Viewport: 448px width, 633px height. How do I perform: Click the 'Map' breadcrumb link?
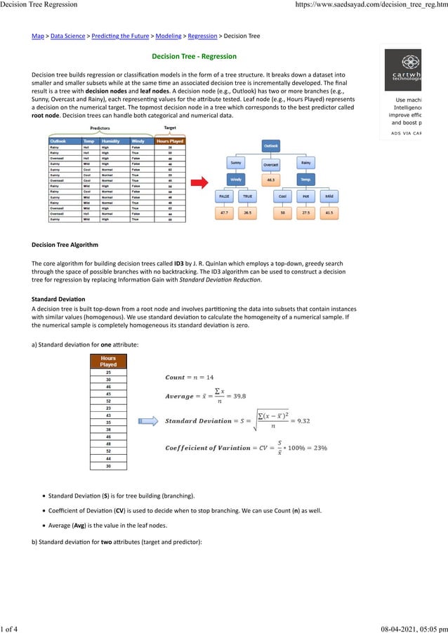38,35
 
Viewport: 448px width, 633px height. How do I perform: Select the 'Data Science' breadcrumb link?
67,35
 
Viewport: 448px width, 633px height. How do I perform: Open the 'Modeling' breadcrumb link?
167,35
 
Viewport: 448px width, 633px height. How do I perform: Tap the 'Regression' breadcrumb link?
202,35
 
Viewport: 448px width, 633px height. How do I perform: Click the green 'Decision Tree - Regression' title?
195,56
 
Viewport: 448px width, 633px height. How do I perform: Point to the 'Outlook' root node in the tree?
271,145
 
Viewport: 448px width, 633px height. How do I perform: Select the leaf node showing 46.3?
271,180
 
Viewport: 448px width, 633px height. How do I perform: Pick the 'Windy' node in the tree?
236,180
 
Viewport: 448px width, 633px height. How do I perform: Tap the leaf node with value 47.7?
224,211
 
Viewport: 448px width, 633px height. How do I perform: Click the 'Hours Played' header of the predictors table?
169,141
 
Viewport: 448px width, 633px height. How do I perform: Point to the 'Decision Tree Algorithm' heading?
65,245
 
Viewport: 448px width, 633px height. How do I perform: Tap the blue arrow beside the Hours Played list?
148,421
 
